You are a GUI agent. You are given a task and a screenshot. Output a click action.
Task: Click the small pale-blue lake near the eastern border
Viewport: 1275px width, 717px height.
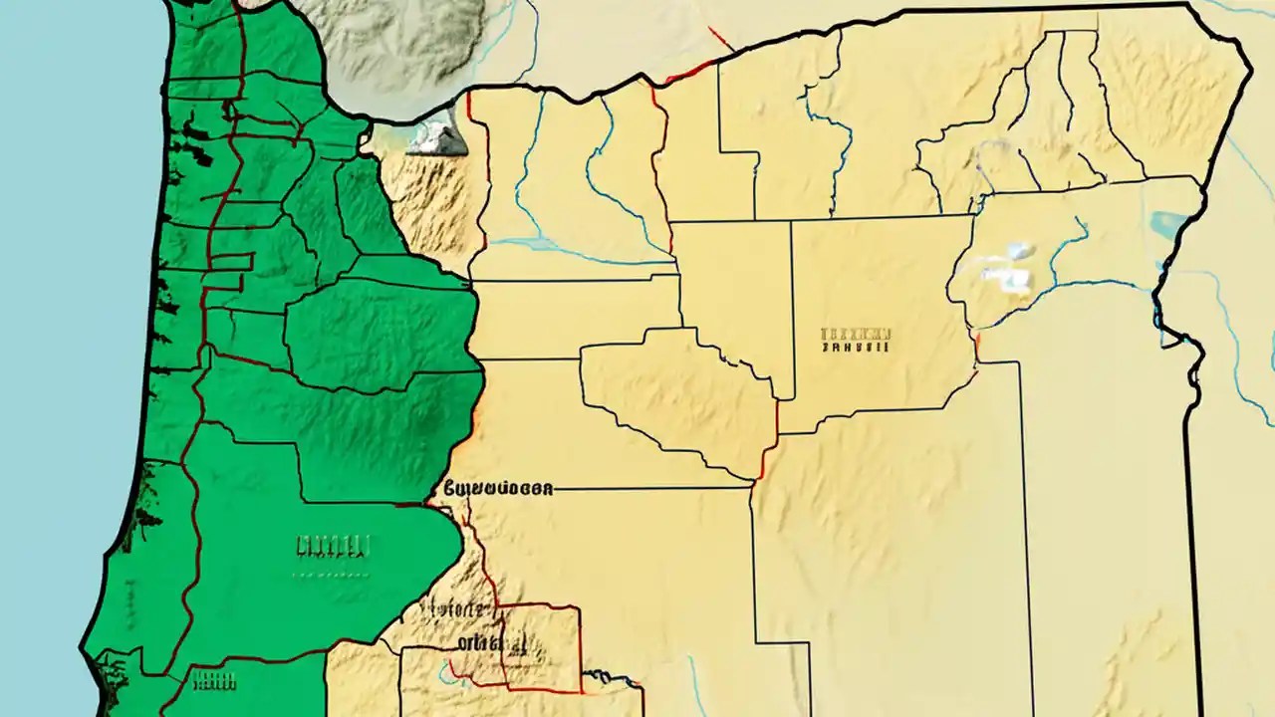click(1162, 221)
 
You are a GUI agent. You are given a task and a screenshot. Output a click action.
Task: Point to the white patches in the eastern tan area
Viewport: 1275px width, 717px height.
click(1006, 267)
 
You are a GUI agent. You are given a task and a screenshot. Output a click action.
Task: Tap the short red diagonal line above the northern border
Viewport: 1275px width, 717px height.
click(719, 38)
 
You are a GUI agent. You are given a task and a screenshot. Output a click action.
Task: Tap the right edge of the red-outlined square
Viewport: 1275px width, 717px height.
click(580, 647)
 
